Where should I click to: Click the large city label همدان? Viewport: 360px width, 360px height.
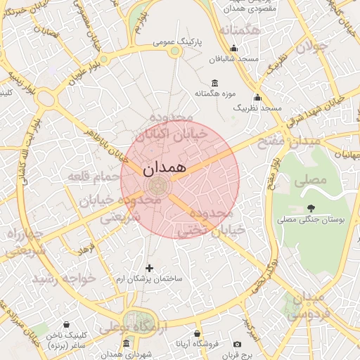pos(164,169)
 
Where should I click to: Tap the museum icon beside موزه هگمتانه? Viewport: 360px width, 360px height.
pos(214,83)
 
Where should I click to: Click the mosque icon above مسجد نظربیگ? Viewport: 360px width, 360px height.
pos(258,98)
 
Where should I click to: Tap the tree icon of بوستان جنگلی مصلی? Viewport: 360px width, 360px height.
pos(310,207)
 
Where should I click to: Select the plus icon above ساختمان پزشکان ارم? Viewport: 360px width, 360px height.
pos(149,268)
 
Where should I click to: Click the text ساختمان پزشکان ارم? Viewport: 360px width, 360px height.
pos(149,279)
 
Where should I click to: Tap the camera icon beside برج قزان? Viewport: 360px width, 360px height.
pos(238,345)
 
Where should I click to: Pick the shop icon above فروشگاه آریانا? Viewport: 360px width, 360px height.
pos(198,333)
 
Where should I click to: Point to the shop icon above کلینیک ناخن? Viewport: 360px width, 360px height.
pos(66,325)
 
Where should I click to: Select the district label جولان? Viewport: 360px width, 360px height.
pos(311,47)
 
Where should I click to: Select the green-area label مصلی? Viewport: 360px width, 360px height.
pos(311,180)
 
